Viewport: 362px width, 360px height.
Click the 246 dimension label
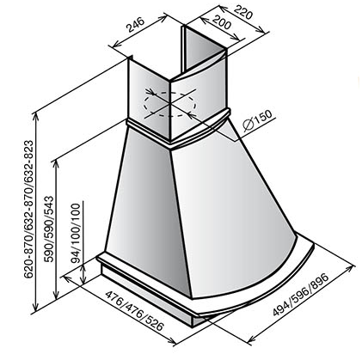pyautogui.click(x=136, y=25)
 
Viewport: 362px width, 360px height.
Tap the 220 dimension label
pyautogui.click(x=243, y=12)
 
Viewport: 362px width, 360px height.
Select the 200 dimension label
pyautogui.click(x=221, y=22)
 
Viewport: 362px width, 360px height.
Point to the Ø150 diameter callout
pyautogui.click(x=257, y=120)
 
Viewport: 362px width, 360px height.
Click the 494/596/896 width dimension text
pyautogui.click(x=300, y=295)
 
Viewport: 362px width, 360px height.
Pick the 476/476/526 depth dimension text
pyautogui.click(x=134, y=310)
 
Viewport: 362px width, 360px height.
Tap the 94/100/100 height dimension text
pyautogui.click(x=77, y=233)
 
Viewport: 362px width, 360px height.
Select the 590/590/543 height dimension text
pyautogui.click(x=49, y=229)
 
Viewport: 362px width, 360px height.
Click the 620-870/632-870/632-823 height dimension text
pyautogui.click(x=28, y=209)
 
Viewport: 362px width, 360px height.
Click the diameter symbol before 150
pyautogui.click(x=248, y=125)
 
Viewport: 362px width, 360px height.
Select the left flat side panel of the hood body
pyautogui.click(x=146, y=206)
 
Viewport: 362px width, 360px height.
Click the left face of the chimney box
pyautogui.click(x=149, y=97)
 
